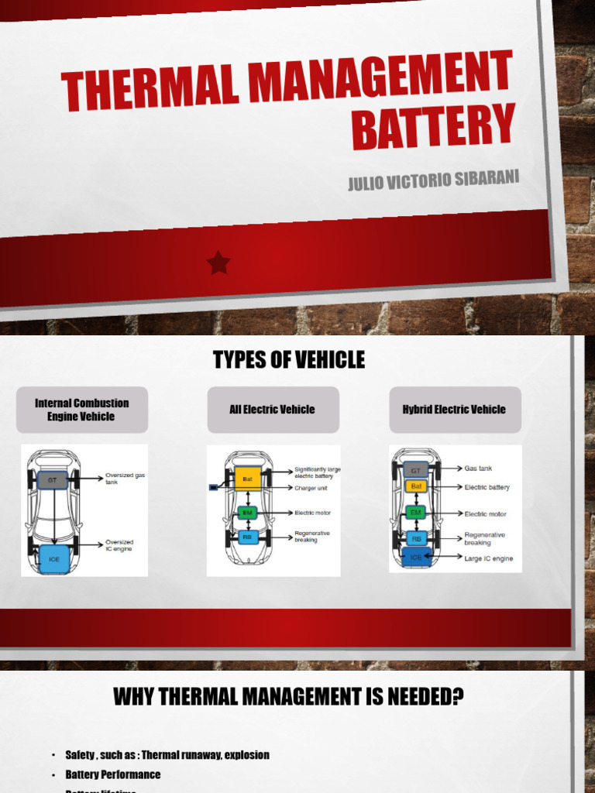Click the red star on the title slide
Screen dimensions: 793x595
click(x=218, y=263)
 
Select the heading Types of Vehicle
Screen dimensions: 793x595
click(x=288, y=360)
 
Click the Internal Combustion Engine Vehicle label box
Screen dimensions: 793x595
click(x=81, y=410)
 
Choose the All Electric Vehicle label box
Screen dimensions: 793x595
click(x=272, y=410)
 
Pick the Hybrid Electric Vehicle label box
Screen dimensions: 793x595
click(x=454, y=410)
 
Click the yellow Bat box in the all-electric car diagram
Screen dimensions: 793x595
click(x=248, y=479)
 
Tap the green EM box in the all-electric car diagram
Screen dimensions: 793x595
click(x=248, y=513)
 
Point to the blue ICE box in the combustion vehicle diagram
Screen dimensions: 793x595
click(x=53, y=557)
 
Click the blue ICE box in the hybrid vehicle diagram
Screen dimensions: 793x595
click(x=416, y=556)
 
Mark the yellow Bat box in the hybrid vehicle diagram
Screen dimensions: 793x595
click(x=416, y=486)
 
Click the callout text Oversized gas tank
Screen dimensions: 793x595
click(x=125, y=478)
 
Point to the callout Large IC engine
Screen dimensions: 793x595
click(x=488, y=558)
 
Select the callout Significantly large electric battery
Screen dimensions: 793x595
click(x=317, y=472)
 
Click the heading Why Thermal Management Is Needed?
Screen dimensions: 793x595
click(x=288, y=697)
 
